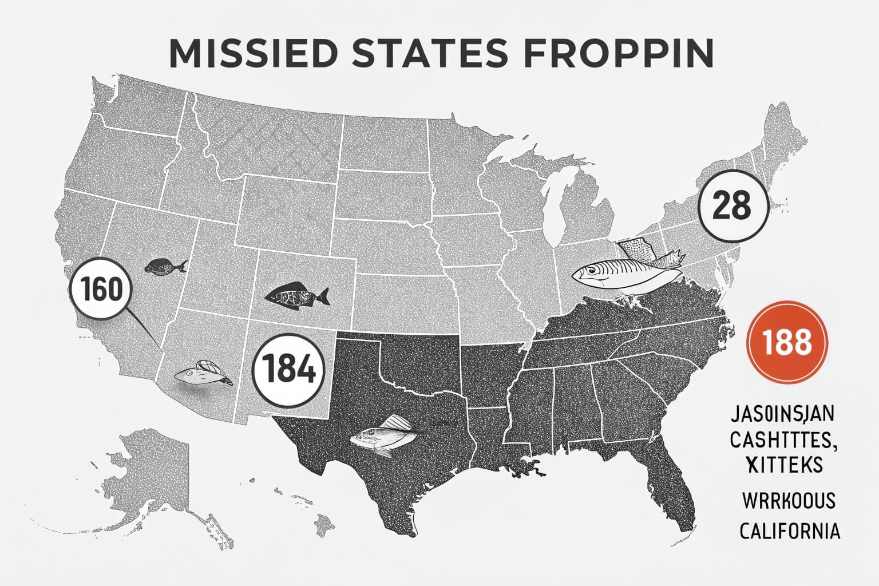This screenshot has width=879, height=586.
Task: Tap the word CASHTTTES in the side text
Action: point(782,439)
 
